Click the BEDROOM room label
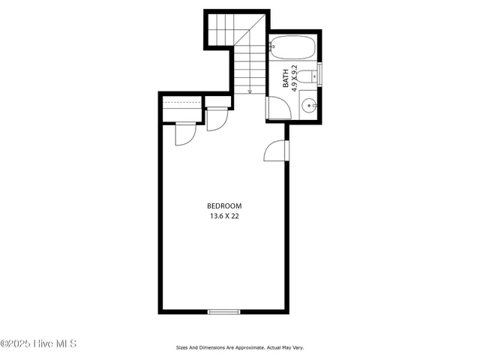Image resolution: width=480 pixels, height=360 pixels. click(225, 206)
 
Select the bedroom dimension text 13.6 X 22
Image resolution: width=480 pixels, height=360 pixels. click(225, 216)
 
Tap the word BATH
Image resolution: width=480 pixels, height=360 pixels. click(286, 79)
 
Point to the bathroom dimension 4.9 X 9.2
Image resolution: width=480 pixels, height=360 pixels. click(295, 77)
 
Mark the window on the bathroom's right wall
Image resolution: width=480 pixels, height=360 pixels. click(319, 76)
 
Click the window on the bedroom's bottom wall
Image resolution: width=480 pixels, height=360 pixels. click(223, 311)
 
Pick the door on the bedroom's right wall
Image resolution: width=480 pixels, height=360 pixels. click(277, 151)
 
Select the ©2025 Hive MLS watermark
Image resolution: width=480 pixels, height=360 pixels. click(39, 344)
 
